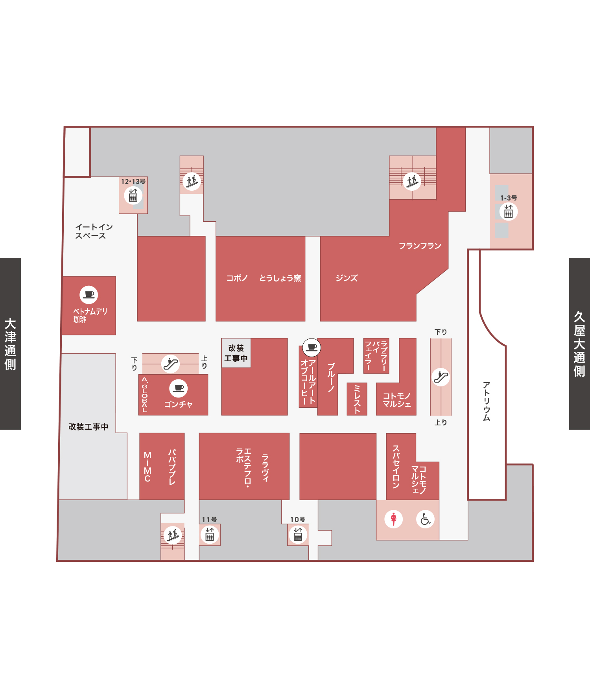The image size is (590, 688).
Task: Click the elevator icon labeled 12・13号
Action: coord(133,195)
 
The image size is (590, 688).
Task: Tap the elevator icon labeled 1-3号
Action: coord(509,212)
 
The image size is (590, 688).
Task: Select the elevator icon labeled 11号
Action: coord(210,535)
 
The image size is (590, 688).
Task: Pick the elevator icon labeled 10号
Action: coord(298,535)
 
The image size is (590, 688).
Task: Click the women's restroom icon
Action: coord(394,519)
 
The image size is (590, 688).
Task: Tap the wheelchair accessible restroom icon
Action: coord(425,519)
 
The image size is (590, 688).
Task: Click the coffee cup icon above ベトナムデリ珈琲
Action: coord(89,294)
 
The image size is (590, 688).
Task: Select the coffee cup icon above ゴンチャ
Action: coord(179,388)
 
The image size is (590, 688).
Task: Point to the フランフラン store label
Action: coord(420,246)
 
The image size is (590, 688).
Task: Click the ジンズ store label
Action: coord(347,278)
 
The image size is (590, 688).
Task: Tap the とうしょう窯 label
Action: coord(280,278)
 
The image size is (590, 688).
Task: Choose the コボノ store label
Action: coord(237,278)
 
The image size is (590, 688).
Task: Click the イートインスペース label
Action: coord(94,232)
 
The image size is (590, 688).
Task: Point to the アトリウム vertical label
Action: coord(487,401)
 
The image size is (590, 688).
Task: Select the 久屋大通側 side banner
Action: coord(579,344)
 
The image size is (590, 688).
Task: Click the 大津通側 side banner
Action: coord(10,344)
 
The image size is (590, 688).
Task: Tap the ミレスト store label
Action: coord(357,399)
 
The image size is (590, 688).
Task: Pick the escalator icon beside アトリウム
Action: coord(441,377)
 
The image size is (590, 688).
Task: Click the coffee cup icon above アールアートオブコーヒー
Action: coord(312,347)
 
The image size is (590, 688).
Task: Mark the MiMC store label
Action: coord(147,467)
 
